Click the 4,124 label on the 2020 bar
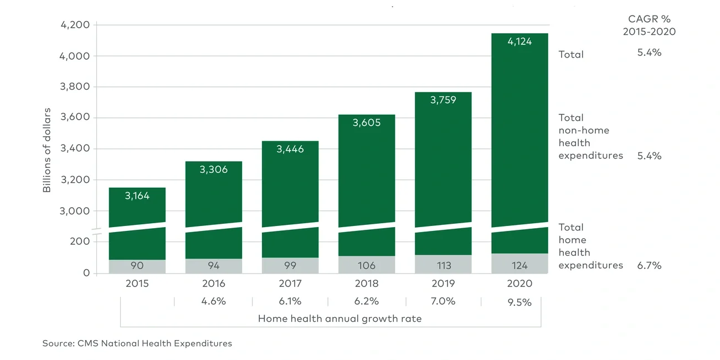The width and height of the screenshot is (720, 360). (x=520, y=42)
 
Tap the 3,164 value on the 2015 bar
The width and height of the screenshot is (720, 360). (x=137, y=196)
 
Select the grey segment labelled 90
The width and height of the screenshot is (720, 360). (x=137, y=266)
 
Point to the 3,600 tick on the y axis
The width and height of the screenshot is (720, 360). (x=74, y=117)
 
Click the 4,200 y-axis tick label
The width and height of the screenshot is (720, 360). (x=74, y=25)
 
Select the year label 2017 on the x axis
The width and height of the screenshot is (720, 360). (x=290, y=284)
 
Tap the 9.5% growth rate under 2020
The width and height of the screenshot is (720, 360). (x=520, y=302)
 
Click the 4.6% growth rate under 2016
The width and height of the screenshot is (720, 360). (x=214, y=302)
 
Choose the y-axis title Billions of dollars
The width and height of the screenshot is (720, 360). (x=47, y=150)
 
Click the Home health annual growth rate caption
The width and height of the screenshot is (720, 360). (x=340, y=318)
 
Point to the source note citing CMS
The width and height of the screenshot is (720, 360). (x=137, y=343)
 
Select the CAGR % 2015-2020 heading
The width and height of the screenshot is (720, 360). (x=649, y=25)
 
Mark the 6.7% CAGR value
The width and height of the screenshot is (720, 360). (x=649, y=265)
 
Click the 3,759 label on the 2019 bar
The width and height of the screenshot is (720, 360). (x=443, y=100)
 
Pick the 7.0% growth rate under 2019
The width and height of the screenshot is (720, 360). (x=443, y=302)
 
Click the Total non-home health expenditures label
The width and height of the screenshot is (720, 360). (x=590, y=136)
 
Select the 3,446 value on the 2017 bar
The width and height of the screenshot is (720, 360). (x=290, y=149)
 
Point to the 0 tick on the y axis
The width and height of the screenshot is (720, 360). (x=86, y=273)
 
